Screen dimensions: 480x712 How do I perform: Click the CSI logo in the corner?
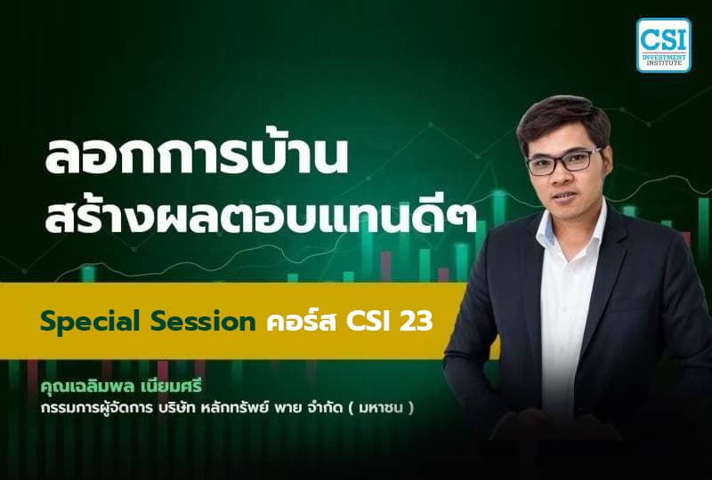[x=663, y=44]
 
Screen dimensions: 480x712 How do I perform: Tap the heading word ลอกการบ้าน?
[x=195, y=158]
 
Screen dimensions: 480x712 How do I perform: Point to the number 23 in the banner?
[x=417, y=322]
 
